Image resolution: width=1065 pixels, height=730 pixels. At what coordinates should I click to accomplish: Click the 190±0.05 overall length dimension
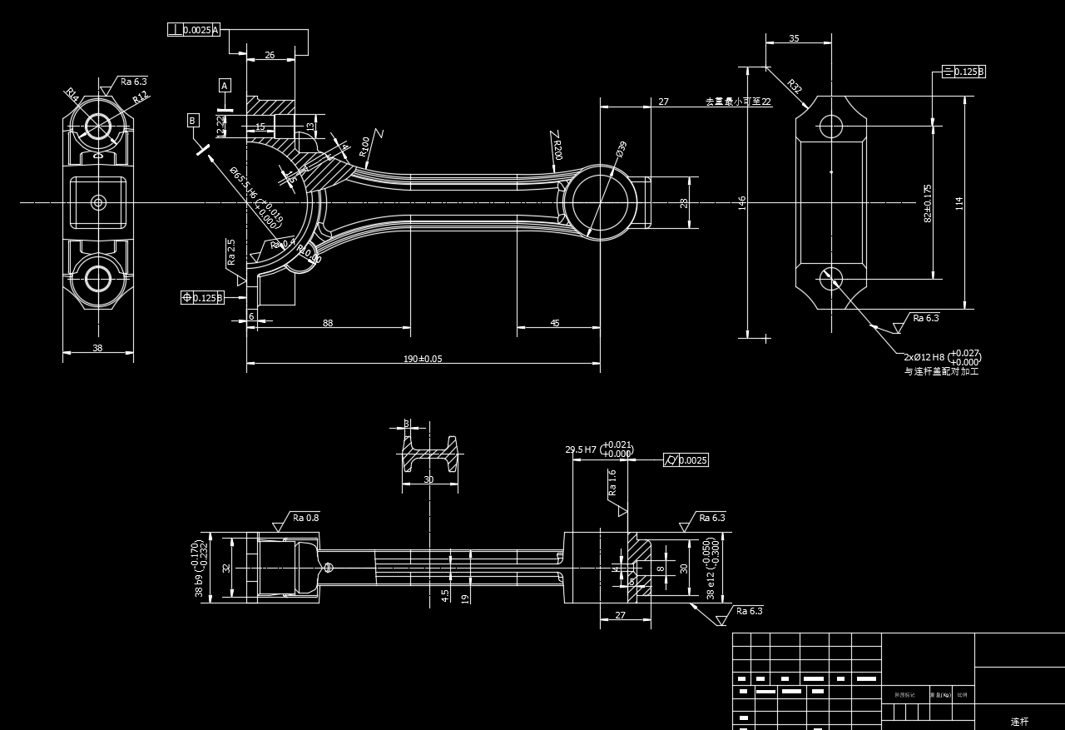[x=423, y=359]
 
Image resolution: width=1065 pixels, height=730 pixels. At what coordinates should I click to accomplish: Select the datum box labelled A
[x=225, y=85]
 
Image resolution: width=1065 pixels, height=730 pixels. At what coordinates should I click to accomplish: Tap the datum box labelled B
[x=193, y=121]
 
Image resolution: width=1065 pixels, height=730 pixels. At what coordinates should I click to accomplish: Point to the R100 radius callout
[x=364, y=146]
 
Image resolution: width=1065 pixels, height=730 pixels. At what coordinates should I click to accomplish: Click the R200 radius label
[x=557, y=150]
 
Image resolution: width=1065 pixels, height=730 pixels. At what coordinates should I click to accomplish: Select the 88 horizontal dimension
[x=328, y=323]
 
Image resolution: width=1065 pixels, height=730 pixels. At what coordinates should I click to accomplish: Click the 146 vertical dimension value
[x=742, y=203]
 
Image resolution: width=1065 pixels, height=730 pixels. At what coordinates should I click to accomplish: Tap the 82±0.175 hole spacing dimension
[x=928, y=203]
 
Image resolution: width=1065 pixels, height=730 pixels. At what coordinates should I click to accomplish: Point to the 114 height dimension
[x=959, y=202]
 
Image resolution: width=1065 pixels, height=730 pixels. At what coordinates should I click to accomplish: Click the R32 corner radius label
[x=795, y=87]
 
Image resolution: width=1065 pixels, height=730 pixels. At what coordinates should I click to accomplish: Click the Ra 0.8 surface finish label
[x=305, y=518]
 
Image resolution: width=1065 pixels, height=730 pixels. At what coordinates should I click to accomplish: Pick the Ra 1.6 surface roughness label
[x=612, y=483]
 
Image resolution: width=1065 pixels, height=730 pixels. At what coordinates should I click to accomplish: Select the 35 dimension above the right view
[x=794, y=38]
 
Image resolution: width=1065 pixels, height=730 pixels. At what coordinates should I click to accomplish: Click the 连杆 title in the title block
[x=1019, y=722]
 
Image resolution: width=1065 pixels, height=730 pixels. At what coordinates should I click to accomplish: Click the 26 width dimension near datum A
[x=270, y=55]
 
